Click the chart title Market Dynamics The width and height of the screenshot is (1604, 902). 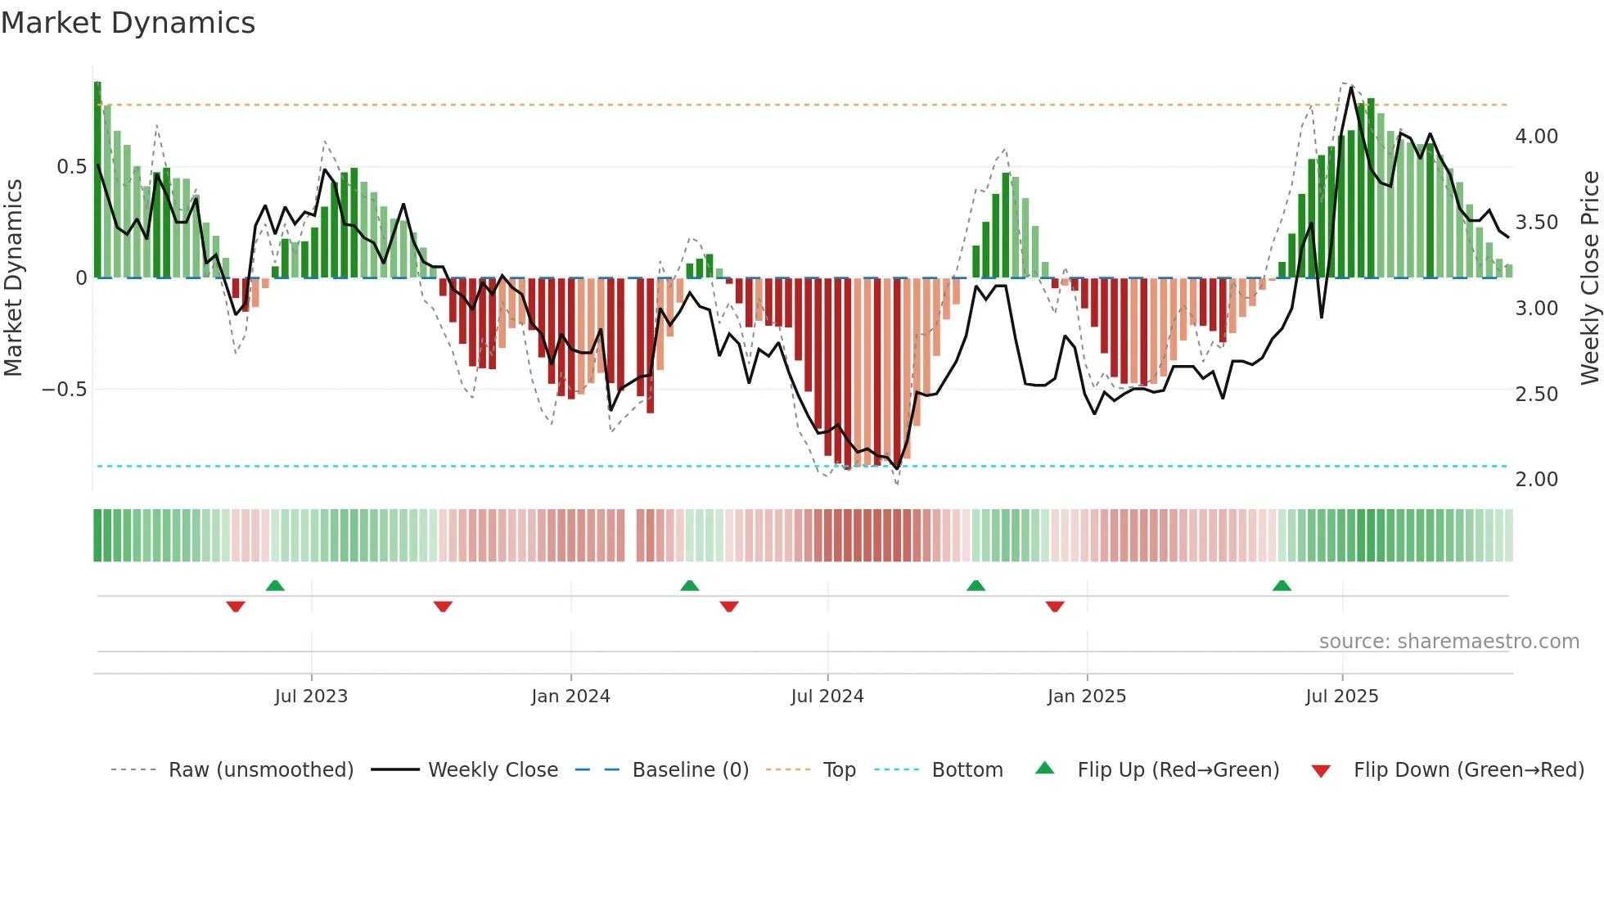coord(128,23)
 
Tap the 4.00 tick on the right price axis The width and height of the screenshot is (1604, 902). coord(1536,137)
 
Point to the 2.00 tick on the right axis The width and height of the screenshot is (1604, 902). coord(1536,480)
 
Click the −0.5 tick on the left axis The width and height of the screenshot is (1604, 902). coord(65,390)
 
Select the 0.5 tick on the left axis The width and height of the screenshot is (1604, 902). coord(71,167)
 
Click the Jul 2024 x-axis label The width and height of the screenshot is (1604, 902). coord(827,697)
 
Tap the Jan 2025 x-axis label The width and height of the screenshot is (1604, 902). coord(1086,697)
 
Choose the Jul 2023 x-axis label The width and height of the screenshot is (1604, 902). coord(311,697)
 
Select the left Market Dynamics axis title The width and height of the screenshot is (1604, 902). coord(13,278)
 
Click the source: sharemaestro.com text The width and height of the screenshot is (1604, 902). coord(1449,642)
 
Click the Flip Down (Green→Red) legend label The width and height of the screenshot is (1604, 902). coord(1468,770)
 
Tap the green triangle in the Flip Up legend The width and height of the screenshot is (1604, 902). coord(1045,769)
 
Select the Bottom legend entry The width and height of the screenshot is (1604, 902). coord(966,770)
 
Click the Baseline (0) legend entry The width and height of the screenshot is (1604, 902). coord(690,770)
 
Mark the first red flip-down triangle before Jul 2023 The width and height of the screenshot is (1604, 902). coord(236,607)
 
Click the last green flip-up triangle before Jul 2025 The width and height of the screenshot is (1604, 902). coord(1282,585)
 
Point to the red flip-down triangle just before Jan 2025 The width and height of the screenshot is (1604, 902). coord(1055,607)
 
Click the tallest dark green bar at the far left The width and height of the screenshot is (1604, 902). coord(97,180)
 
